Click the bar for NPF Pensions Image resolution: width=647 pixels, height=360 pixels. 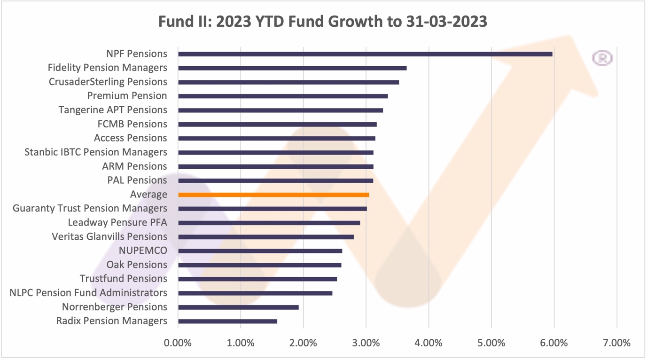365,54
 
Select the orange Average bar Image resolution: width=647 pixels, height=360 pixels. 273,195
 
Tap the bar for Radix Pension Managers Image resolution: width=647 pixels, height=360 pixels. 227,321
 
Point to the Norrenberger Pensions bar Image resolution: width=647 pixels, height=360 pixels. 238,307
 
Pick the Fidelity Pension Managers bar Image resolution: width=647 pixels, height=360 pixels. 292,68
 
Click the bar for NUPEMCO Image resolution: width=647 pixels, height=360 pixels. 260,251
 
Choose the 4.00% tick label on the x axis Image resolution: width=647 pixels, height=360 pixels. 429,343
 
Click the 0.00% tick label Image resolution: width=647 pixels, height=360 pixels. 178,343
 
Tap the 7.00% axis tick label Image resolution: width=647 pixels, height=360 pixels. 616,343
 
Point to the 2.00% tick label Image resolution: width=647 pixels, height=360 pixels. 303,343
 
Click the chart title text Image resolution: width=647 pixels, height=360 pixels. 322,22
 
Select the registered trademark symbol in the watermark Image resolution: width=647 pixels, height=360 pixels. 602,58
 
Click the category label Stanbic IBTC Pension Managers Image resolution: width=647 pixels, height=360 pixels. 96,152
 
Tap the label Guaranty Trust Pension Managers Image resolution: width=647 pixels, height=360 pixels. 90,208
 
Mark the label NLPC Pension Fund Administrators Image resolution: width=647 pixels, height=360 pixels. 88,293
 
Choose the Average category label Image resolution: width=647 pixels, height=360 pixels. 148,195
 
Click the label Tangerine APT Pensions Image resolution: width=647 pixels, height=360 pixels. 113,110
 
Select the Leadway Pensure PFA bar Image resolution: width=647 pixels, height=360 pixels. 269,223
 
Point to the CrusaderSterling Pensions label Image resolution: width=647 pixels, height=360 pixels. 108,82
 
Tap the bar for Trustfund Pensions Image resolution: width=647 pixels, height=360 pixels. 257,279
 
